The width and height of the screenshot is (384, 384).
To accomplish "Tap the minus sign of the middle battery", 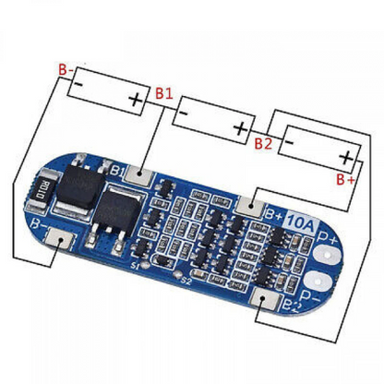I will coord(186,115).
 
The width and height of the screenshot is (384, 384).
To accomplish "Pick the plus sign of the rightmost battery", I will coord(346,157).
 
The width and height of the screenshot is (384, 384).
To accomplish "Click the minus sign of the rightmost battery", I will coord(291,143).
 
